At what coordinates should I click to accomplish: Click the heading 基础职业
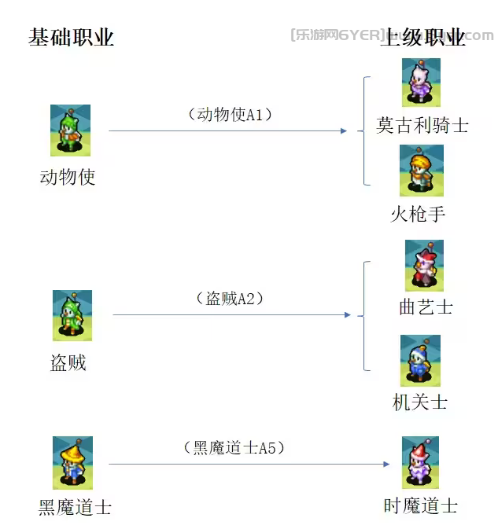(x=72, y=38)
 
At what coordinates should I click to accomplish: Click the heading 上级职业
(x=422, y=38)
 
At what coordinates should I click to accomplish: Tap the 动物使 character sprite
(x=70, y=130)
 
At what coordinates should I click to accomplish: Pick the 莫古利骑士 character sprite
(x=421, y=83)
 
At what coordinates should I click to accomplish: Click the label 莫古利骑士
(x=422, y=126)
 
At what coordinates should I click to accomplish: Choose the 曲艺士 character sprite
(x=424, y=266)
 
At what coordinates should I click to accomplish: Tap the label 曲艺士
(x=426, y=307)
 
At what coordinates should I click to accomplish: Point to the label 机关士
(x=420, y=402)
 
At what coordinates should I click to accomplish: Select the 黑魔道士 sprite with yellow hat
(x=72, y=463)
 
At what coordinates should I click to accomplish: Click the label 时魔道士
(x=420, y=506)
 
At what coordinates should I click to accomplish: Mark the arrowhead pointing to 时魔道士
(x=386, y=464)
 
